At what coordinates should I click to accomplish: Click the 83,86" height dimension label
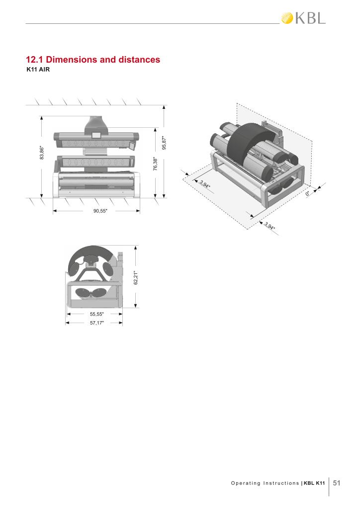click(x=42, y=153)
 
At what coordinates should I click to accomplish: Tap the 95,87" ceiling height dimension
click(x=164, y=143)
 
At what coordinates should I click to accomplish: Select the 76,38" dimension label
click(x=156, y=164)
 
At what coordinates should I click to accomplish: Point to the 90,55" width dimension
click(x=100, y=211)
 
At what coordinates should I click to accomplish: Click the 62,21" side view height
click(x=136, y=278)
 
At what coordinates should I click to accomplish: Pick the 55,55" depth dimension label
click(x=97, y=314)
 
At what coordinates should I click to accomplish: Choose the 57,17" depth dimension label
click(x=97, y=323)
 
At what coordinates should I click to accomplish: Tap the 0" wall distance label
click(x=308, y=193)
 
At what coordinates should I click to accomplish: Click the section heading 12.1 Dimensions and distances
click(x=93, y=60)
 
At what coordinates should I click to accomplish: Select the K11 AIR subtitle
click(x=38, y=70)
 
